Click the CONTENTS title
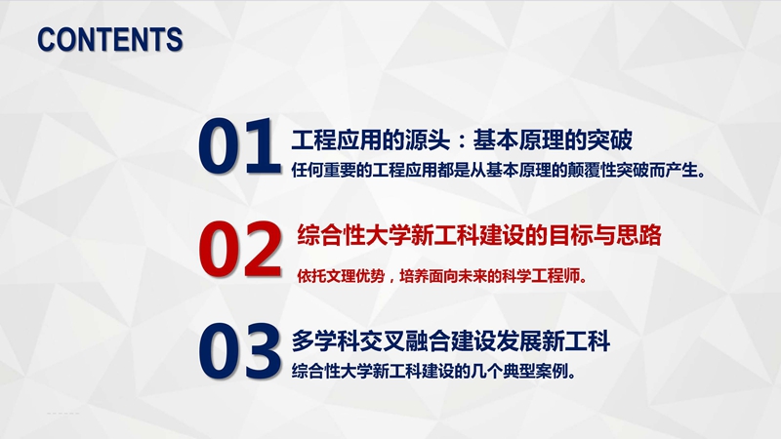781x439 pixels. click(x=110, y=40)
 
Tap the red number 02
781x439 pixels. click(x=240, y=249)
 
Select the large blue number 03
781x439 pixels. click(x=239, y=351)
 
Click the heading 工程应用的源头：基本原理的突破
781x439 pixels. click(x=462, y=140)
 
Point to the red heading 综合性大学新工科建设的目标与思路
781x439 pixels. click(x=479, y=235)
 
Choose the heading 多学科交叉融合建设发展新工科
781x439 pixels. click(x=451, y=341)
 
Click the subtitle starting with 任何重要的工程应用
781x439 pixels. click(x=498, y=170)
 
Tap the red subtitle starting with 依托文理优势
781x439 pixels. click(x=442, y=276)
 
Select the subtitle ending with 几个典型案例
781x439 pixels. click(x=433, y=372)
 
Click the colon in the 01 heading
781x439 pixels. click(x=462, y=141)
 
